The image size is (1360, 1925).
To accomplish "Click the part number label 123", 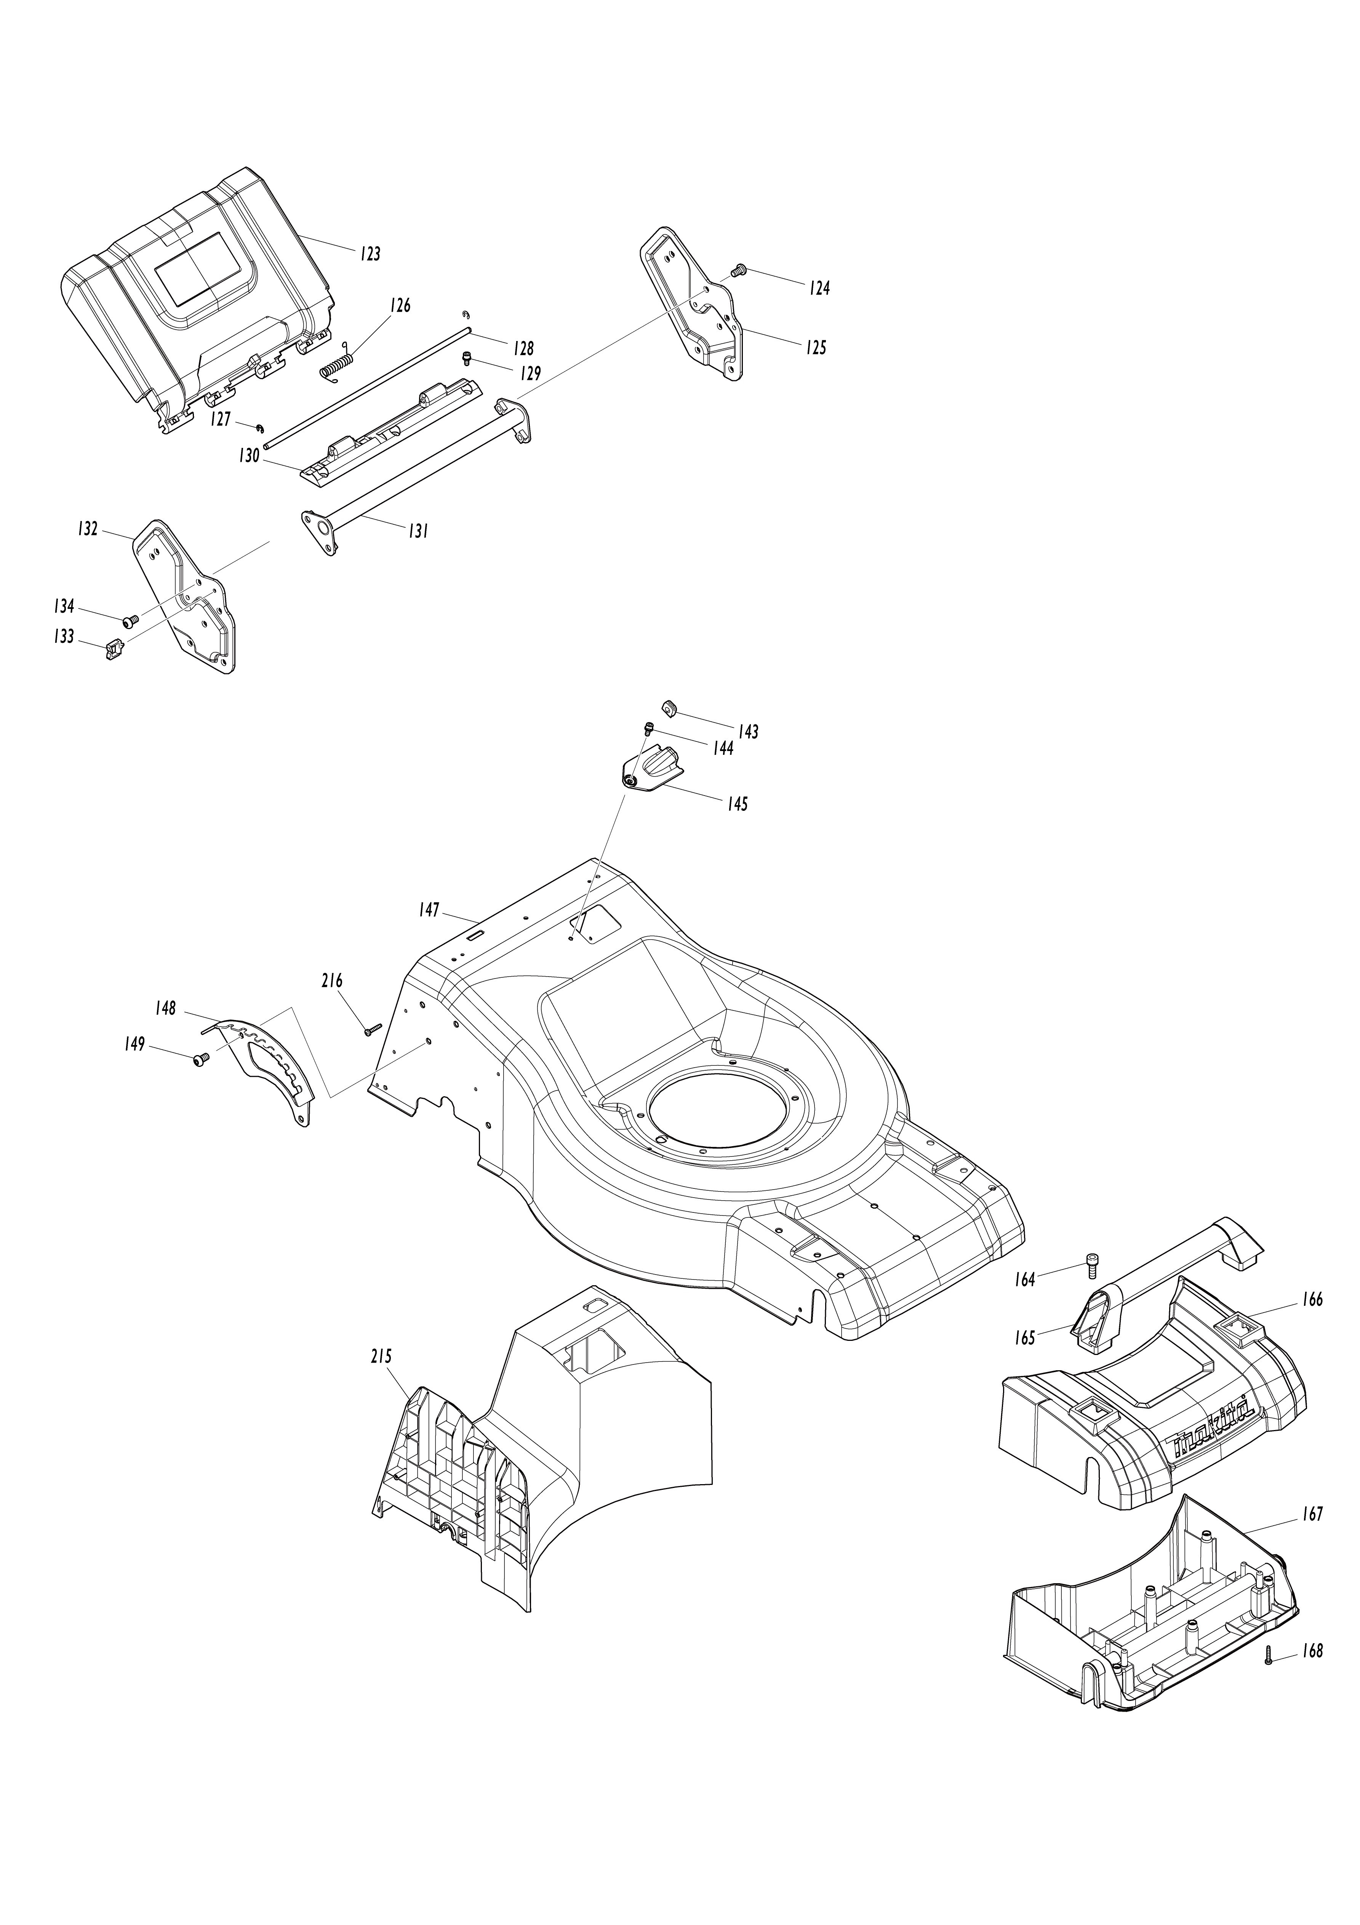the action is pyautogui.click(x=371, y=253).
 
